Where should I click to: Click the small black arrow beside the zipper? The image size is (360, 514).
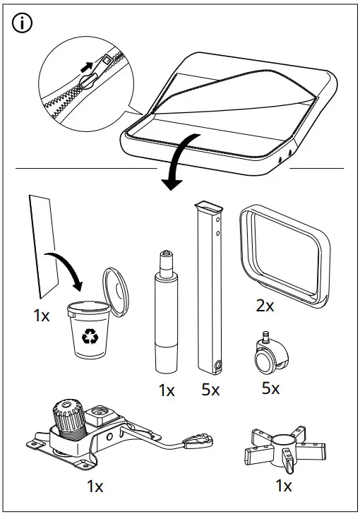(x=88, y=67)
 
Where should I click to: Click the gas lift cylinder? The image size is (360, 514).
(x=166, y=315)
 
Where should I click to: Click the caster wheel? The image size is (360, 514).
(x=268, y=356)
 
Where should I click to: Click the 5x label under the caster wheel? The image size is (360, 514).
(x=271, y=388)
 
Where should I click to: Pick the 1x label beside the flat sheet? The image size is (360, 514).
(x=42, y=316)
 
